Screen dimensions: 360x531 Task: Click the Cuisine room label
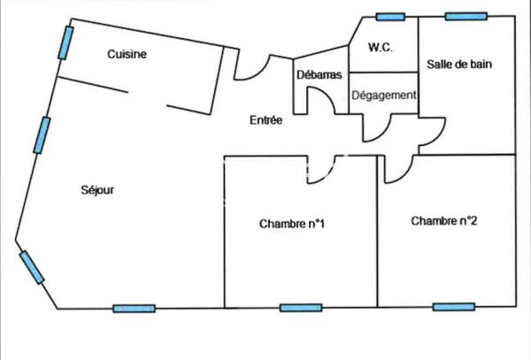click(x=127, y=55)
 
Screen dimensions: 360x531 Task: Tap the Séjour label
click(x=98, y=189)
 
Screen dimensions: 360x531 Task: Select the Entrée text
click(x=265, y=120)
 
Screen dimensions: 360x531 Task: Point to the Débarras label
click(x=319, y=76)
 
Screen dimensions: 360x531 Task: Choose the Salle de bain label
click(x=459, y=64)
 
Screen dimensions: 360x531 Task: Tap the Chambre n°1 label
click(x=292, y=224)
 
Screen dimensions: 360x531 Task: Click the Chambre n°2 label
click(x=444, y=221)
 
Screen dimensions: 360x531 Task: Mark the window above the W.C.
click(x=389, y=17)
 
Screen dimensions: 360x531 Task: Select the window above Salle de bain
click(x=466, y=16)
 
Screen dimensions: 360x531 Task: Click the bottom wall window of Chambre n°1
click(x=300, y=308)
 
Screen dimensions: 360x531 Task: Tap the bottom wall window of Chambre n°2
click(x=453, y=308)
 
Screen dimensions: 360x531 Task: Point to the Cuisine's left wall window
click(x=65, y=42)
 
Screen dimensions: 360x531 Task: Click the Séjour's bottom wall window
click(x=134, y=309)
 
